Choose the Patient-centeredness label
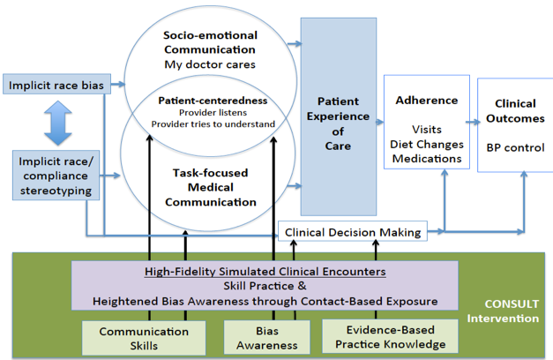(x=213, y=101)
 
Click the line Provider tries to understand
(x=213, y=124)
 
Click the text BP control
(x=514, y=146)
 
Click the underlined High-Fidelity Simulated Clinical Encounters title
(x=264, y=272)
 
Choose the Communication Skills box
(x=131, y=336)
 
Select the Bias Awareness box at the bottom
(x=260, y=336)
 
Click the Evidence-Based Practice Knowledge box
(x=384, y=336)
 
